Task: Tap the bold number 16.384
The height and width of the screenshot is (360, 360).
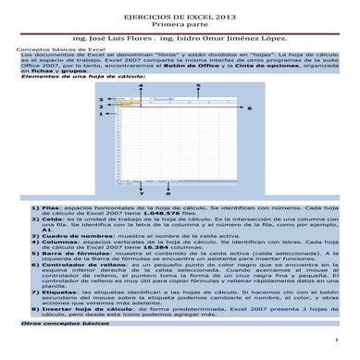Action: (x=149, y=248)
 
